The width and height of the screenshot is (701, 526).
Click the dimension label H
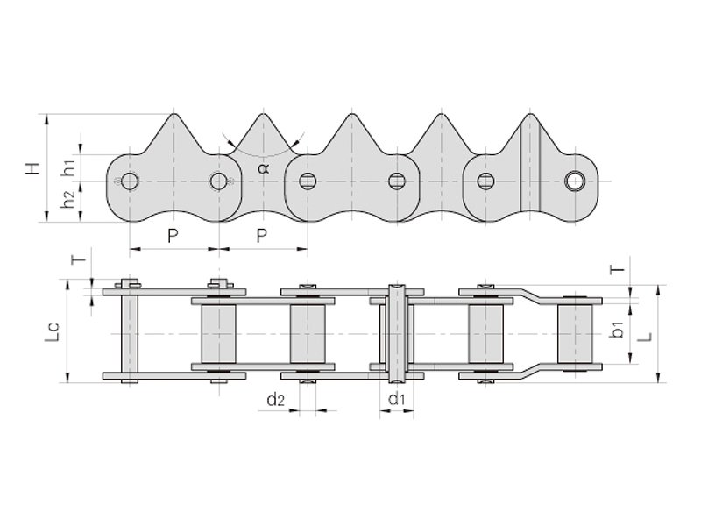point(33,168)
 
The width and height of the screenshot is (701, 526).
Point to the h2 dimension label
point(68,199)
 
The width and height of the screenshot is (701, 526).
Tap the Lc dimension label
point(52,333)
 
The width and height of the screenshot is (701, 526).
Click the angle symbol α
point(264,168)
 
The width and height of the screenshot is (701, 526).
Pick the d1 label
point(397,398)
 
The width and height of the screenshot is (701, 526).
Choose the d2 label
point(275,400)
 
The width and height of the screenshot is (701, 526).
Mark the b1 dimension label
point(618,331)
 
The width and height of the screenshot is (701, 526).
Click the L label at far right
point(645,337)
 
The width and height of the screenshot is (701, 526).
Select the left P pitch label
point(173,235)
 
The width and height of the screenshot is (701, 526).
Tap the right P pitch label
point(262,235)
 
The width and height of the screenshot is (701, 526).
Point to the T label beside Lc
point(79,259)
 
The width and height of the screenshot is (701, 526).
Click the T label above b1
point(617,269)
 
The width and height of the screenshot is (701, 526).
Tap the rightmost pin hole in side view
point(574,181)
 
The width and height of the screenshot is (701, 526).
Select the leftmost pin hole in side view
point(130,181)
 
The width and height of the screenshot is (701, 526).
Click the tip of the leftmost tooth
point(174,114)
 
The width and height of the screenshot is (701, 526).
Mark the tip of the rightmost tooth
point(530,114)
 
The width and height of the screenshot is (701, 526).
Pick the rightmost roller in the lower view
point(575,334)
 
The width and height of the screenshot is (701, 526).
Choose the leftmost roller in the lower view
point(218,334)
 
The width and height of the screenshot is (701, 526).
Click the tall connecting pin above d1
point(397,333)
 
